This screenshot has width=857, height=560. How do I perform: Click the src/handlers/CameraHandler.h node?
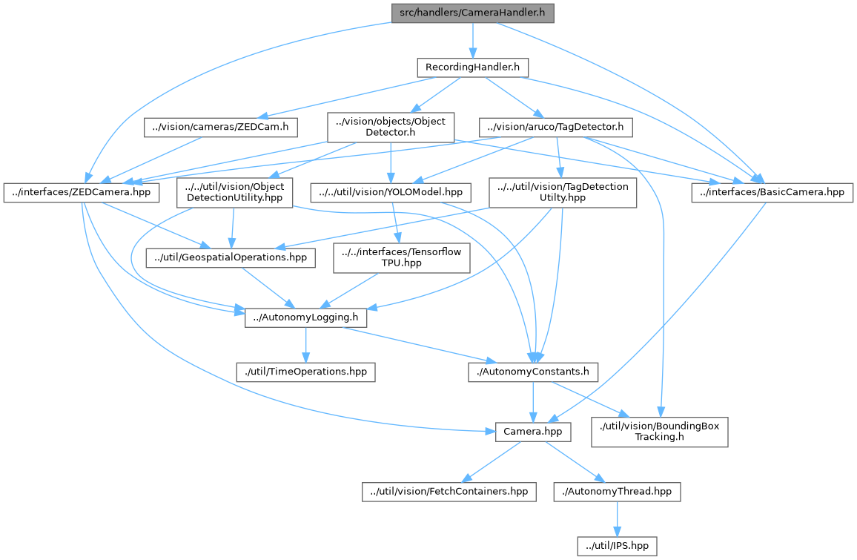click(x=472, y=13)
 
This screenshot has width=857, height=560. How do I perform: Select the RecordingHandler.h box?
click(x=471, y=67)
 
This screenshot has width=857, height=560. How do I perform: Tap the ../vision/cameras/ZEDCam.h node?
click(x=220, y=128)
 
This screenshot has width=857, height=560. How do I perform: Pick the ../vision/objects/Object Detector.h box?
click(x=391, y=128)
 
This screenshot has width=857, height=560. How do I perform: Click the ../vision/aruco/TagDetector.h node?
click(x=555, y=128)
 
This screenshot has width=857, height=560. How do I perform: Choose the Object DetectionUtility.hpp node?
click(x=234, y=192)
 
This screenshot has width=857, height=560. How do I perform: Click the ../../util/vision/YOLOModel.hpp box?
click(x=391, y=192)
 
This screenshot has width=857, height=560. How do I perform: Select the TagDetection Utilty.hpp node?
click(x=563, y=192)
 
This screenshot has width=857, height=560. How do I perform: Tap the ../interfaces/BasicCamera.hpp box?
click(x=772, y=192)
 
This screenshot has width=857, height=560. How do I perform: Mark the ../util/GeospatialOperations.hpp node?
click(x=231, y=258)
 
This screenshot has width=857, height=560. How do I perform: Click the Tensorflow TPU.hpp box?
click(x=401, y=258)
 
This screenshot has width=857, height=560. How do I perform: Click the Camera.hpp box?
click(x=533, y=431)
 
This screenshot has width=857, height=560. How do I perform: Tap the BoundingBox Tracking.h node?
click(x=659, y=431)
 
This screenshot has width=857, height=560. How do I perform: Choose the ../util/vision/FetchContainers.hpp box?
click(x=449, y=491)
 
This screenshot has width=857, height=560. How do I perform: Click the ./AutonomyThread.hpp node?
click(x=616, y=491)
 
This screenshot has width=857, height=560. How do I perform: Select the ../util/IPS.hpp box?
click(x=617, y=545)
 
